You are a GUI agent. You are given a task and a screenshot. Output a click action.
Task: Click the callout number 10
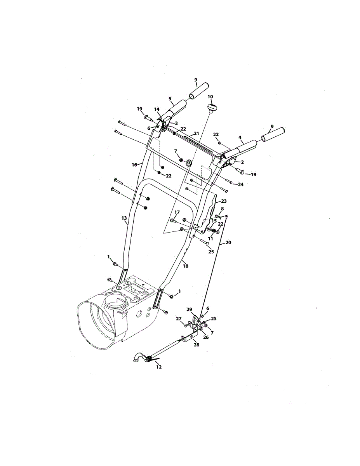coord(210,96)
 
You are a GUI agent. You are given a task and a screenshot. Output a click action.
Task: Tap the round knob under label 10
coord(211,107)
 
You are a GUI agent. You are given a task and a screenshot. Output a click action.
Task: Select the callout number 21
coord(196,134)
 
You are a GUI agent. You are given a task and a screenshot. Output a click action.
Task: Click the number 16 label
coord(134,165)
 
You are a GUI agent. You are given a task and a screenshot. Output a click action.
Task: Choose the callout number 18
coord(186,266)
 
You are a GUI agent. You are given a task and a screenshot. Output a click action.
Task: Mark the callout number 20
coord(228,242)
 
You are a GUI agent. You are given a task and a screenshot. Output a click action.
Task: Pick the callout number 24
coord(241,184)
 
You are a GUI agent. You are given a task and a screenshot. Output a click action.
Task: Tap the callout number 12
coord(159,367)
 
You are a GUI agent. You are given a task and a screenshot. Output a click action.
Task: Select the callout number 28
coord(197,344)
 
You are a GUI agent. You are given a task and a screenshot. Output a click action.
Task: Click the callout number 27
coord(179,318)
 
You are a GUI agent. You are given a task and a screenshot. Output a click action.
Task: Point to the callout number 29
coord(189,309)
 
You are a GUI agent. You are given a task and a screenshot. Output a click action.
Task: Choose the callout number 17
coord(177,212)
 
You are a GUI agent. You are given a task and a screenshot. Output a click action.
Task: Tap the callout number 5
coord(170,99)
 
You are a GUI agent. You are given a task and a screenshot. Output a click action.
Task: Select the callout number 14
coord(157,110)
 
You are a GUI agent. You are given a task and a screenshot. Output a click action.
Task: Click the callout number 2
coord(242,162)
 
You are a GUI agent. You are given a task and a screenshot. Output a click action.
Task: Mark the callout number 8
coord(222,209)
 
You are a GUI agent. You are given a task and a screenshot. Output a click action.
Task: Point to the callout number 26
coord(206,337)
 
